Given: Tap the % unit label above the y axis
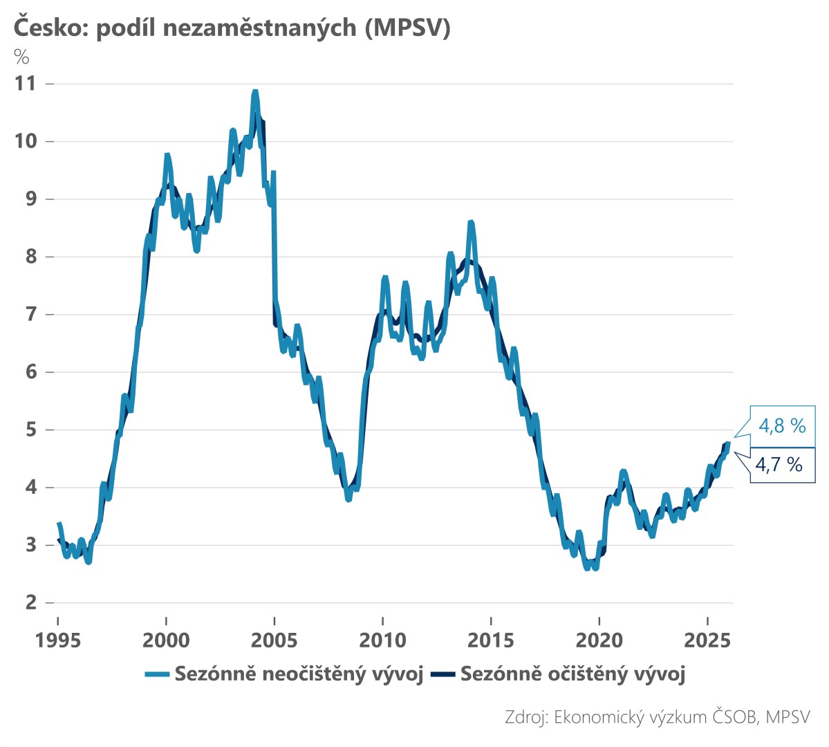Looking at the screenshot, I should pos(21,57).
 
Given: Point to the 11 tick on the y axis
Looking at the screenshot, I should pos(25,84).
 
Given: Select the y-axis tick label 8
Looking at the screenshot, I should pos(30,257).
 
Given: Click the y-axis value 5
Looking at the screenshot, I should pos(30,430).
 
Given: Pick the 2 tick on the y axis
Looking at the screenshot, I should pos(30,602).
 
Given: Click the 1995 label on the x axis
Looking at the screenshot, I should pos(58,640).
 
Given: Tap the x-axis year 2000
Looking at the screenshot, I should pos(166,640).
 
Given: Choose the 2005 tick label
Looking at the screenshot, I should pos(274,640).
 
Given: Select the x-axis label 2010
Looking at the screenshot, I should pos(382,640).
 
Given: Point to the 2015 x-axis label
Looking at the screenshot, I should pos(491,640).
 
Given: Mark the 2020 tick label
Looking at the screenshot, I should pos(599,640).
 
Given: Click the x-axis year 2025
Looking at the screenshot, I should pos(707,640).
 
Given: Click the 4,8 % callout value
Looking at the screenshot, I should pos(782,425).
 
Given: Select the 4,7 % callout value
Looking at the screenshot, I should pos(779,464).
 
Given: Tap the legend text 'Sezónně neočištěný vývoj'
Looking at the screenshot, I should pos(299,674).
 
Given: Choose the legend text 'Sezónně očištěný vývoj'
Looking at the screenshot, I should pos(572,674).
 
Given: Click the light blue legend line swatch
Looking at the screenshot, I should pos(157,674).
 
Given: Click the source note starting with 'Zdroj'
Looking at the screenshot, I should pos(657,717).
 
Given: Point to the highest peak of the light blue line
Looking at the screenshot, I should pos(255,92).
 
